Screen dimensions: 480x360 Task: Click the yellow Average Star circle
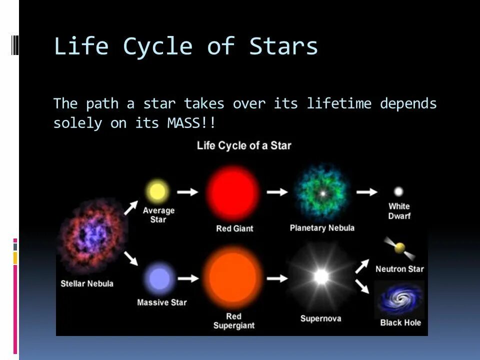(157, 191)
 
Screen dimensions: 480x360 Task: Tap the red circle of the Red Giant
(233, 193)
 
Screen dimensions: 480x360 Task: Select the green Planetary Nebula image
(322, 193)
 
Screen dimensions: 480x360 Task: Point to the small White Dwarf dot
(398, 191)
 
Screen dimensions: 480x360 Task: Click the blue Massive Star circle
(159, 278)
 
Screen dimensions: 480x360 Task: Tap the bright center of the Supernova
(321, 276)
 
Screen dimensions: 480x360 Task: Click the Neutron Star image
(399, 248)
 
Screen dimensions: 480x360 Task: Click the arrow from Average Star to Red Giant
(187, 192)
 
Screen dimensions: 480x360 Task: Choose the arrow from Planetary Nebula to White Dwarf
(366, 192)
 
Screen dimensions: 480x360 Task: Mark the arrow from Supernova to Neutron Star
(362, 266)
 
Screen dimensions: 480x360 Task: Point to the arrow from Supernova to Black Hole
(362, 286)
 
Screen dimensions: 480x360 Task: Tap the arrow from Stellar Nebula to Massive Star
(131, 258)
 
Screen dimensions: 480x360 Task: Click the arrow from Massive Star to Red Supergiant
(188, 278)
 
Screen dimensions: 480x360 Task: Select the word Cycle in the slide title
(157, 47)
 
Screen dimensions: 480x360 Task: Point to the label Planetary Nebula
(322, 228)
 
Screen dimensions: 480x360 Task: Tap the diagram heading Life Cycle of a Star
(244, 145)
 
